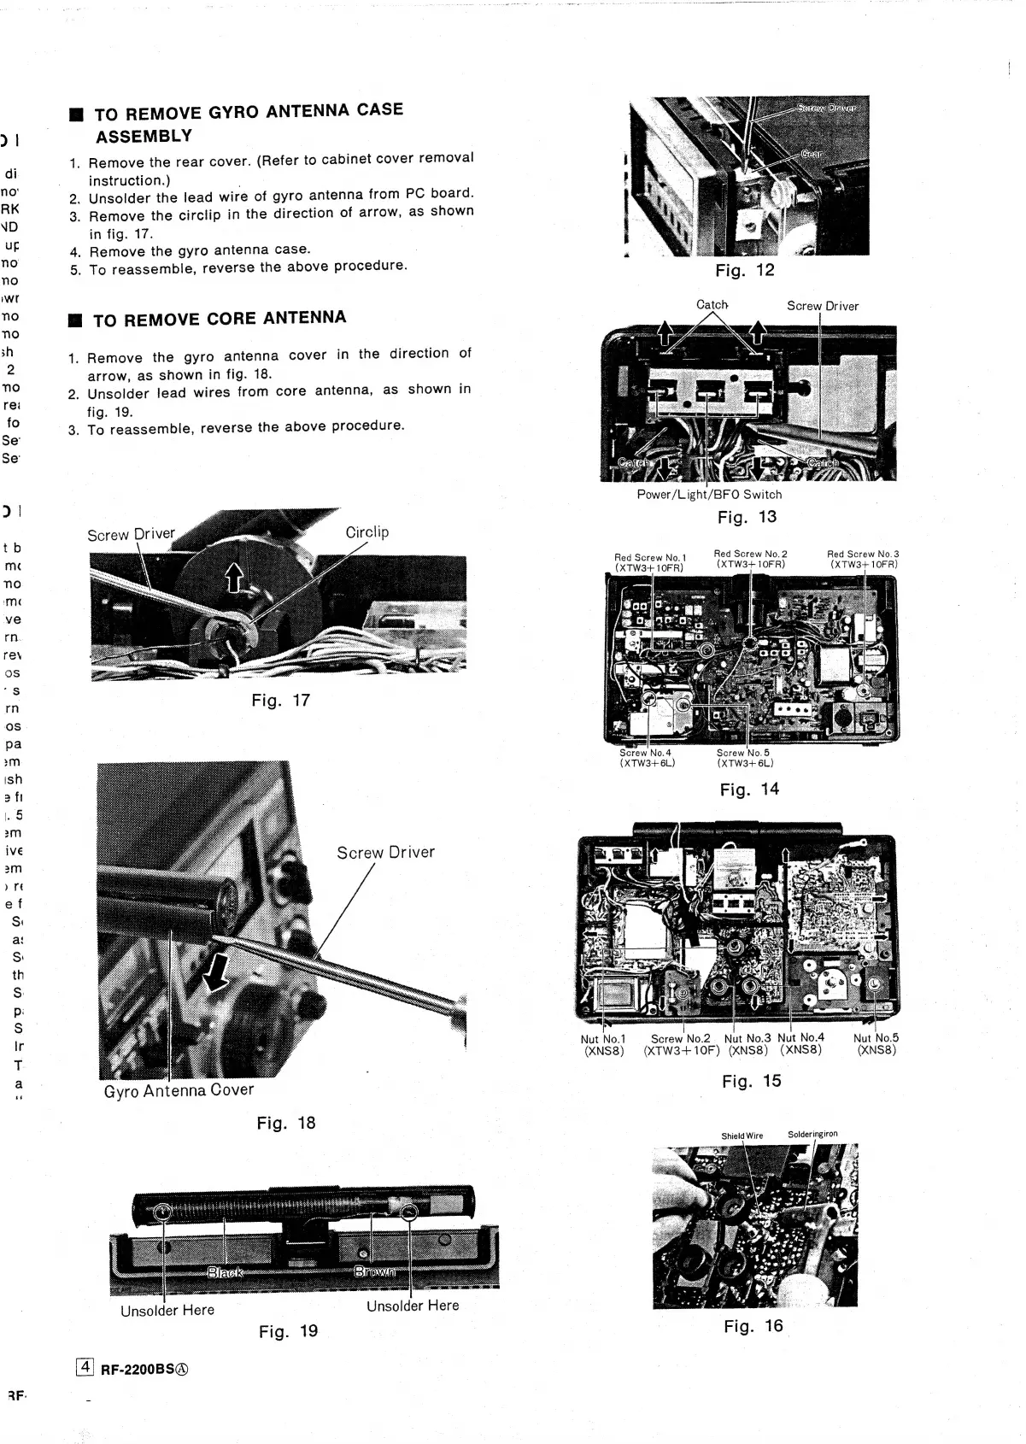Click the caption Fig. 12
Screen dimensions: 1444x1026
[x=744, y=271]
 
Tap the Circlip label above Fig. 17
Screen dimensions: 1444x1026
[x=366, y=532]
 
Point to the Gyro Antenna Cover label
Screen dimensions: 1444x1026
[x=179, y=1091]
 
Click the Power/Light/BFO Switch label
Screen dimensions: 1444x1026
[x=709, y=494]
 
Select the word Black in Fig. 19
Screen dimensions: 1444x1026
[x=224, y=1272]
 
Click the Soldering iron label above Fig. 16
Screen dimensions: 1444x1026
[x=812, y=1135]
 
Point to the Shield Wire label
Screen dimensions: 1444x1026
[x=742, y=1136]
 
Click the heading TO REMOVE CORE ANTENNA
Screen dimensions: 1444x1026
[x=220, y=320]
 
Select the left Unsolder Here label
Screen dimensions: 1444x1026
[x=167, y=1310]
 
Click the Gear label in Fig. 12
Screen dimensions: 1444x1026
[x=812, y=155]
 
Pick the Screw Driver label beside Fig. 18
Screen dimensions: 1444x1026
[x=385, y=852]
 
